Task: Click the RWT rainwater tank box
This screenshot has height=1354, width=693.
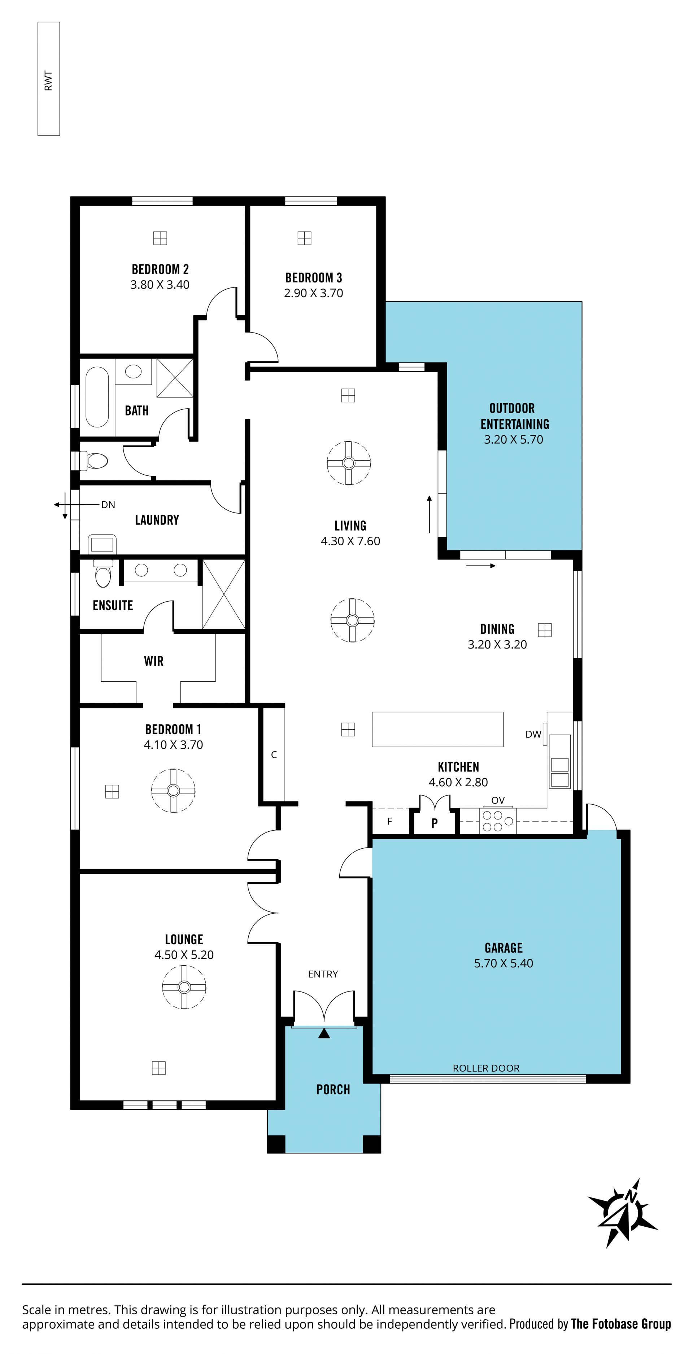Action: (x=48, y=79)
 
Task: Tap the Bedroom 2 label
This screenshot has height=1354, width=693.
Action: (x=160, y=269)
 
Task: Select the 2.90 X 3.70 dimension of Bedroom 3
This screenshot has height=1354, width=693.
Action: (x=313, y=293)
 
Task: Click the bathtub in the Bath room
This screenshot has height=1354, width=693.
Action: (x=97, y=397)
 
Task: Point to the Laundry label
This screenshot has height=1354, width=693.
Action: (x=157, y=520)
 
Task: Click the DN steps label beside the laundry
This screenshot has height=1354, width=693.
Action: (x=108, y=505)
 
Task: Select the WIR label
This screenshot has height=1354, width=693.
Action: (x=153, y=661)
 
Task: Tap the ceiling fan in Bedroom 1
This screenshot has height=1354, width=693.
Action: (x=173, y=791)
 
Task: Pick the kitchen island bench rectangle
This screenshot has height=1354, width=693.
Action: (x=437, y=729)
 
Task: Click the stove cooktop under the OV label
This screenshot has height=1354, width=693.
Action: (x=497, y=821)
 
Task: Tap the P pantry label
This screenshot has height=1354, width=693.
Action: (x=434, y=823)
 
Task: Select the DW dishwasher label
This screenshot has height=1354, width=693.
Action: (x=533, y=734)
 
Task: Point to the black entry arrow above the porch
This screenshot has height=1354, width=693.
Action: (x=324, y=1033)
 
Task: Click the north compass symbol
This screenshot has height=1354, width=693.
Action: (x=624, y=1214)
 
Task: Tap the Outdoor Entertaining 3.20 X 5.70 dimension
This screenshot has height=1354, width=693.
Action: (x=513, y=439)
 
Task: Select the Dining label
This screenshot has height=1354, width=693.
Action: (x=497, y=629)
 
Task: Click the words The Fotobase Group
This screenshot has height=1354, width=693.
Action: (x=621, y=1324)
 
